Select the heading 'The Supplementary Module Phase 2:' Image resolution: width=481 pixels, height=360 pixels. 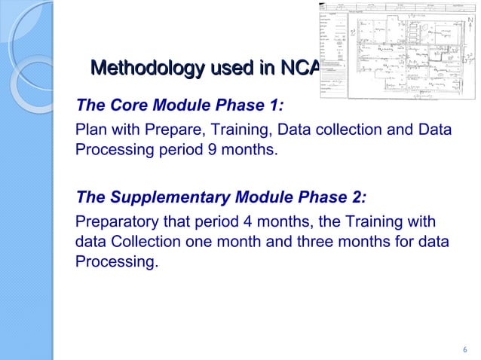point(221,197)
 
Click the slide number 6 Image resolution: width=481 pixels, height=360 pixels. point(464,349)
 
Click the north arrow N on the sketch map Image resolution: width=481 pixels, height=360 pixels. point(470,21)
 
